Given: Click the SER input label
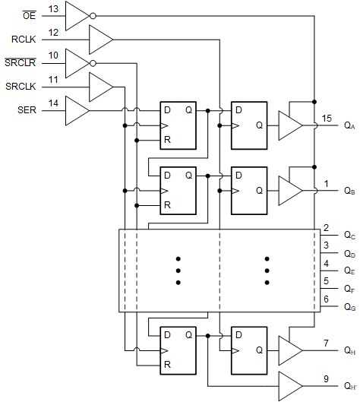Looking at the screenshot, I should point(26,111).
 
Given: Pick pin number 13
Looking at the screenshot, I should point(53,8).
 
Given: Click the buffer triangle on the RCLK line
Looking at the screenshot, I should point(99,38).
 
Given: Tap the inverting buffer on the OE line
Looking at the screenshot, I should point(77,14).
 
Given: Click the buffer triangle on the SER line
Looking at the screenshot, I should point(77,112).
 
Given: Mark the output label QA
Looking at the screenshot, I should point(349,125).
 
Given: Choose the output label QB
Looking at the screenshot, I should point(349,190).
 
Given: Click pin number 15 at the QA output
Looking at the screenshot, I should point(326,119).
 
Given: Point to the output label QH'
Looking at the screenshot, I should point(349,386).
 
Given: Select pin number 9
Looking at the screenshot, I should point(326,378).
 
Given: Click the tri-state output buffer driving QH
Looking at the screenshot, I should point(289,350).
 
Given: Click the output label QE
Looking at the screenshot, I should point(349,270).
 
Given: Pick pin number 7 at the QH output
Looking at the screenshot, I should point(326,343).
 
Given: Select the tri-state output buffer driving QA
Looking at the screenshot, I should point(289,125).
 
